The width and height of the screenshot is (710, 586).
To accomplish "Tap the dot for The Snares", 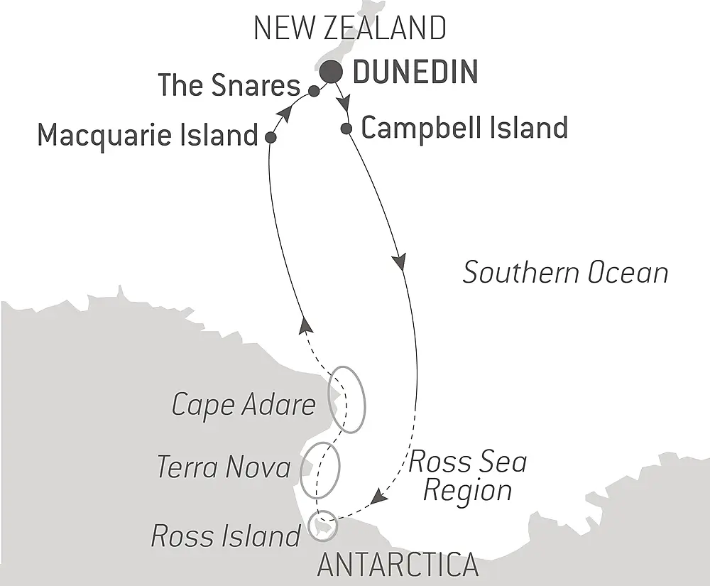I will (x=313, y=90).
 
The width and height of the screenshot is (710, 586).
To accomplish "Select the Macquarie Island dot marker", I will (x=270, y=137).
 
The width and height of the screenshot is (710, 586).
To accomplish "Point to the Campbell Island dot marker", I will (x=346, y=129).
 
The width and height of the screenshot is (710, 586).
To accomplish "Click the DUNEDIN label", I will (x=415, y=72).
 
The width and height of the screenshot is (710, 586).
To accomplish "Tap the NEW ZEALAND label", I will (x=350, y=28).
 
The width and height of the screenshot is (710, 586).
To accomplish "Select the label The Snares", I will (x=229, y=85).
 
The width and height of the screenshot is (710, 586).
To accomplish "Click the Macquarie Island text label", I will (x=147, y=134).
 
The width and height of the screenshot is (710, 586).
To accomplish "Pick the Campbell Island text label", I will (x=465, y=129).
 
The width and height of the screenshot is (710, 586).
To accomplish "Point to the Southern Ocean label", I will (x=565, y=273).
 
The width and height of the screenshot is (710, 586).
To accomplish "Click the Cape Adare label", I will (x=244, y=405).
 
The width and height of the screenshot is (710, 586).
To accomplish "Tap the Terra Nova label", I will (x=224, y=467).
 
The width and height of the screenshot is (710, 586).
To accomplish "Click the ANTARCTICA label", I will (x=398, y=565).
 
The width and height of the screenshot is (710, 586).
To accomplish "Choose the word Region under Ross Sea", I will (x=467, y=491).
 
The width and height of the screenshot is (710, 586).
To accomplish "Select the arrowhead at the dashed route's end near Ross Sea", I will (x=379, y=498).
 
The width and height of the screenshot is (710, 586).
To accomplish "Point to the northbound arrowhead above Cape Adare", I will (x=305, y=325).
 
